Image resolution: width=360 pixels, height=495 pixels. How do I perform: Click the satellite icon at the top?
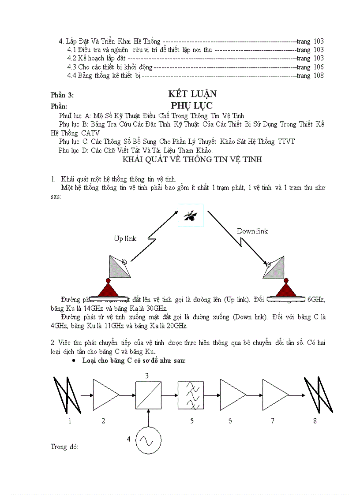[x=191, y=216]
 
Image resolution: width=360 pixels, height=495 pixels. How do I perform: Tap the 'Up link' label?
[x=125, y=238]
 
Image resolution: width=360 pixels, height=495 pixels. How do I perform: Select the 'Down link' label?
[x=252, y=231]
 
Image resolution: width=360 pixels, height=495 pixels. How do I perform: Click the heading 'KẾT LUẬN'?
[x=192, y=94]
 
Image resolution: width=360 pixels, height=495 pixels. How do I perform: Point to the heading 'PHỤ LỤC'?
[x=192, y=106]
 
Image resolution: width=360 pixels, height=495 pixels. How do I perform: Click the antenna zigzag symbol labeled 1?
[x=67, y=395]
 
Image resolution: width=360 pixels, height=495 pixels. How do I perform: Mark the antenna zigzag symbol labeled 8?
[x=318, y=395]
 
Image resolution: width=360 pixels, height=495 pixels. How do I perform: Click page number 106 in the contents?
[x=319, y=67]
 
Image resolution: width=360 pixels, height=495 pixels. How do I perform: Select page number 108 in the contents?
[x=319, y=75]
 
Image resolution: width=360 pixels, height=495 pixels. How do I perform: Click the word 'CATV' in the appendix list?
[x=90, y=133]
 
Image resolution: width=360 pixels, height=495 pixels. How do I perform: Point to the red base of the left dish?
[x=108, y=289]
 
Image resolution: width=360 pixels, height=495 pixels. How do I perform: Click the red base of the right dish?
[x=286, y=289]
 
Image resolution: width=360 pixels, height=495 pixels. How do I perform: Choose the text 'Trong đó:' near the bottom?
[x=64, y=447]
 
